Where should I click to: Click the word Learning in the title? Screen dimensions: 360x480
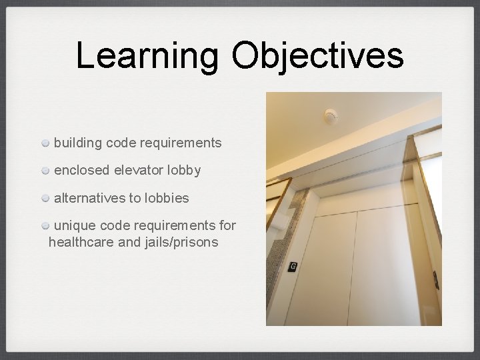pyautogui.click(x=147, y=56)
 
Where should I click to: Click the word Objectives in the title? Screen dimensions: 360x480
pyautogui.click(x=317, y=56)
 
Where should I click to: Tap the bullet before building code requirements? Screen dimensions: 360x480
pyautogui.click(x=45, y=143)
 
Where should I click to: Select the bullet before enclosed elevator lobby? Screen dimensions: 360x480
pyautogui.click(x=45, y=171)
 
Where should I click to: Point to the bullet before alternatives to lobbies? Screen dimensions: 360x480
pyautogui.click(x=45, y=199)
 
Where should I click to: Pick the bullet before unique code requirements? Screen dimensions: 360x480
pyautogui.click(x=45, y=226)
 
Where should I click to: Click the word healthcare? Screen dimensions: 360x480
pyautogui.click(x=81, y=242)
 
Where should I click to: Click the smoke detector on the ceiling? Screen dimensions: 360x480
pyautogui.click(x=331, y=117)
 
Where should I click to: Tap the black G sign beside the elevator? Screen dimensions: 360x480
pyautogui.click(x=292, y=267)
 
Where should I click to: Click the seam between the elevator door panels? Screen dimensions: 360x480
pyautogui.click(x=353, y=267)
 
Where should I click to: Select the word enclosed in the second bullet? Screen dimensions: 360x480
pyautogui.click(x=81, y=171)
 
